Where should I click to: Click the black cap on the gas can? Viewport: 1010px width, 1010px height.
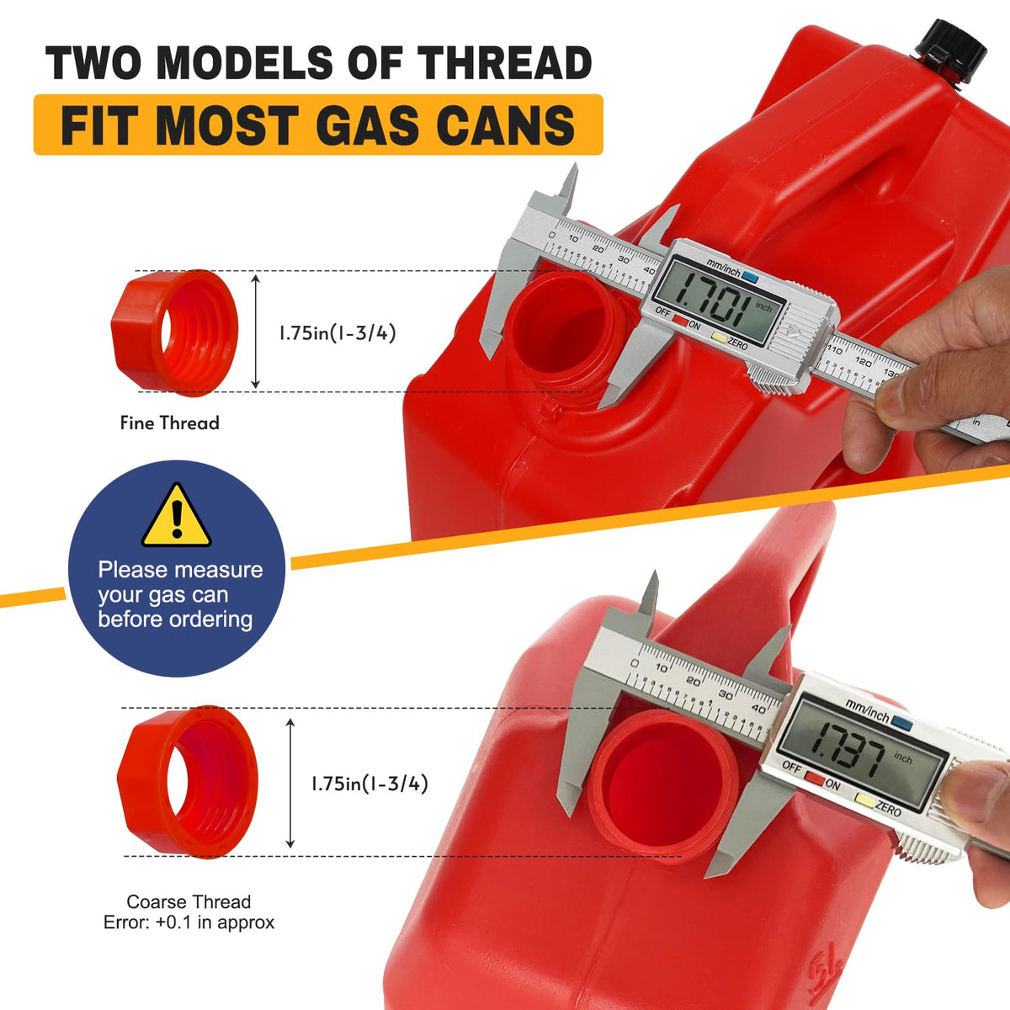(950, 57)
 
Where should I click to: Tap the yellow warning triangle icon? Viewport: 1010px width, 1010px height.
(177, 515)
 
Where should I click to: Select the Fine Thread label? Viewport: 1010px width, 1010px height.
(169, 423)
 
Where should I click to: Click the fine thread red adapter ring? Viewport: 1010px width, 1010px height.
(175, 332)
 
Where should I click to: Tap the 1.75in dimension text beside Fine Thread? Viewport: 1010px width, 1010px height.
(337, 332)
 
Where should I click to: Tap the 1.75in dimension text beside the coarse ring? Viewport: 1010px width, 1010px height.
(369, 784)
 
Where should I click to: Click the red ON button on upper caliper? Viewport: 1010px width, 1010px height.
(680, 320)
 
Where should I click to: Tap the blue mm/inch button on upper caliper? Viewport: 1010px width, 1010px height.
(750, 277)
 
